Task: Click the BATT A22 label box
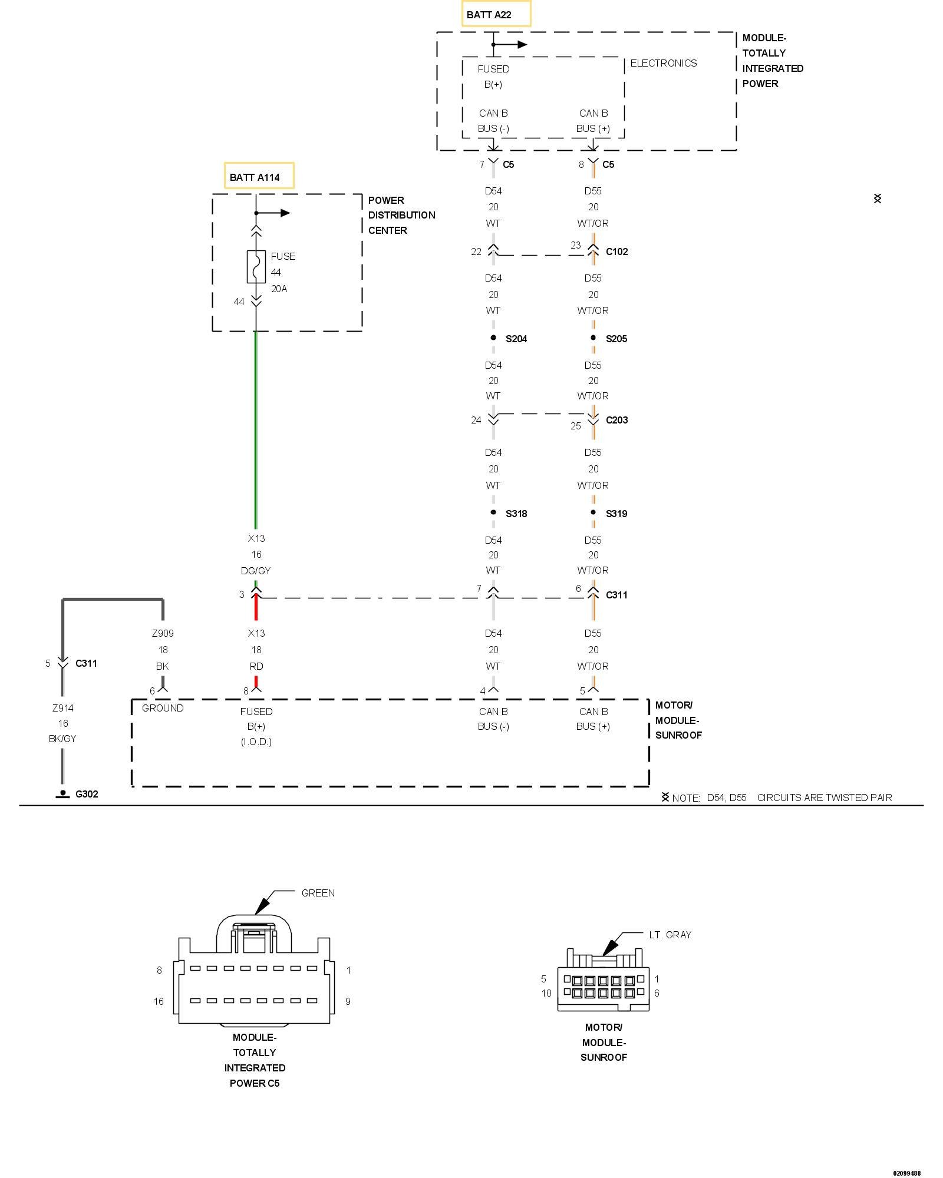(x=496, y=14)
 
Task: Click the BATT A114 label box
(x=259, y=176)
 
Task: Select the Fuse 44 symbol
(x=256, y=267)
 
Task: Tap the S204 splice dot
(x=493, y=337)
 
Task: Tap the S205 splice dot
(x=593, y=337)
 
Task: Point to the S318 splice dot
(x=493, y=512)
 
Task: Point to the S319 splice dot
(x=593, y=512)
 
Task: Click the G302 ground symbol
(x=62, y=794)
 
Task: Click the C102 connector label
(x=616, y=252)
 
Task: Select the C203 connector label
(x=616, y=420)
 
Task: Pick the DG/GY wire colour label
(x=256, y=570)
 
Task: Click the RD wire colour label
(x=256, y=666)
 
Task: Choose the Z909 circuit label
(x=163, y=633)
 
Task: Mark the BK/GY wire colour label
(x=62, y=739)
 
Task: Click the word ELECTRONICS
(x=663, y=63)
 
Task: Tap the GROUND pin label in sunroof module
(x=163, y=708)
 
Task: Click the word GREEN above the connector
(x=318, y=893)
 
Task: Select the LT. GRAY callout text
(x=670, y=935)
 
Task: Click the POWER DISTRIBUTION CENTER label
(x=401, y=215)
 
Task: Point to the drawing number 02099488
(x=906, y=1173)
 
